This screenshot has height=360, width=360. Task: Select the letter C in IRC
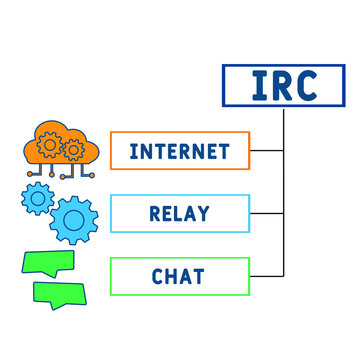click(306, 85)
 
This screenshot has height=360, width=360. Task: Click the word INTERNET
click(179, 152)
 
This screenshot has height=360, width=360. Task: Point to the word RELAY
click(179, 214)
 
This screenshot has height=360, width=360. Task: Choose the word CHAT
click(179, 275)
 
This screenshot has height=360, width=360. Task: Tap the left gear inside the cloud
click(48, 144)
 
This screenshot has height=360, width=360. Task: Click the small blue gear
click(36, 198)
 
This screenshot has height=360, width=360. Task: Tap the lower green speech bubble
click(56, 294)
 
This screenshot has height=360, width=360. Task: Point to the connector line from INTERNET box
click(266, 152)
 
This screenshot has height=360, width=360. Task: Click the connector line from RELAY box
click(266, 214)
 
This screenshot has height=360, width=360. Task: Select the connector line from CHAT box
click(266, 275)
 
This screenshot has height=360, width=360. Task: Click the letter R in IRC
click(281, 85)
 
